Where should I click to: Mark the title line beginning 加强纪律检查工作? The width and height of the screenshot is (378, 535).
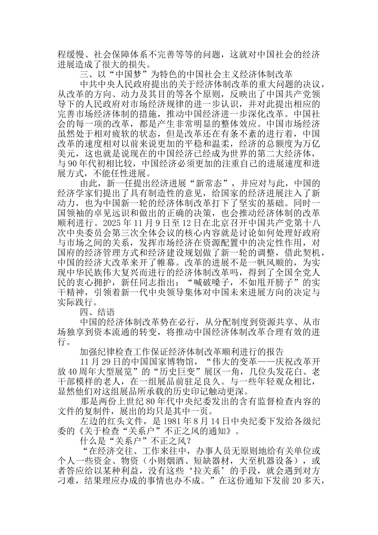[x=181, y=352]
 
